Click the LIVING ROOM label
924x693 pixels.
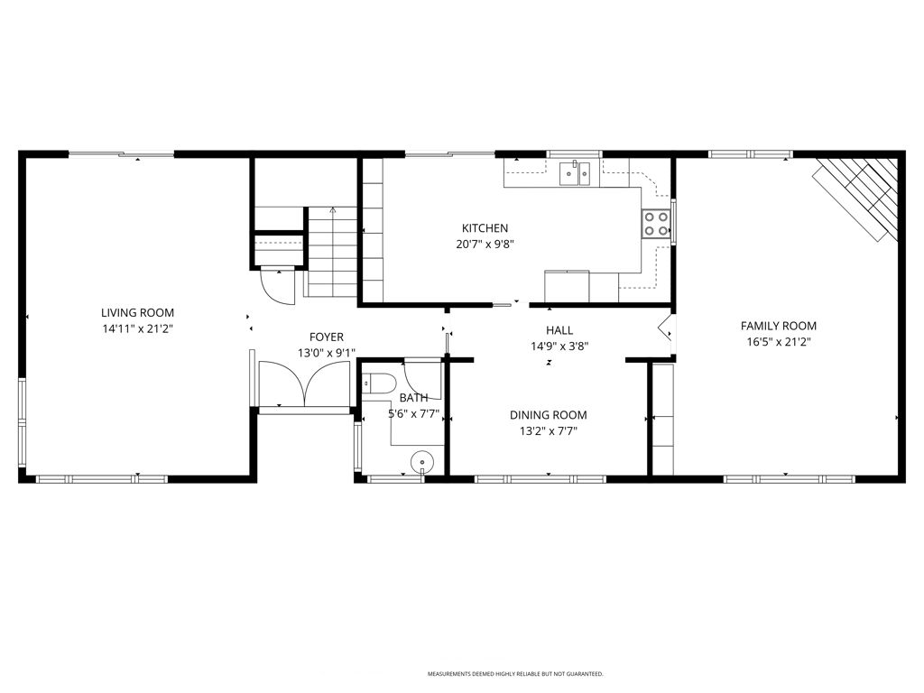pyautogui.click(x=137, y=313)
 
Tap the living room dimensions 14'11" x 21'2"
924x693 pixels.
pyautogui.click(x=137, y=329)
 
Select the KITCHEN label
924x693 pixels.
pyautogui.click(x=485, y=228)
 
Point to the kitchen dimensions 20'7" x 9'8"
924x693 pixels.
pyautogui.click(x=485, y=244)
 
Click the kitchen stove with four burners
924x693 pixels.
pyautogui.click(x=656, y=224)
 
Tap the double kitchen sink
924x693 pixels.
pyautogui.click(x=574, y=171)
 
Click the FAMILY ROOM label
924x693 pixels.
pyautogui.click(x=778, y=326)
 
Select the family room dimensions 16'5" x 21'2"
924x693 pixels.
pyautogui.click(x=778, y=342)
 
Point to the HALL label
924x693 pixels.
pyautogui.click(x=559, y=330)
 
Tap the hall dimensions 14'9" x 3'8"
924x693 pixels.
pyautogui.click(x=559, y=346)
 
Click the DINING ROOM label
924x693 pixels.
pyautogui.click(x=548, y=415)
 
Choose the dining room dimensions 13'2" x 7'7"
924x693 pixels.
pyautogui.click(x=548, y=431)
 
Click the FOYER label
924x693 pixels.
pyautogui.click(x=327, y=337)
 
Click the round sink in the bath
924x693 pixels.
pyautogui.click(x=422, y=462)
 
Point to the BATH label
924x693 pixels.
pyautogui.click(x=413, y=398)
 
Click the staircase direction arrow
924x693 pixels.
pyautogui.click(x=333, y=210)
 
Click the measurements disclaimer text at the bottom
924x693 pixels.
pyautogui.click(x=514, y=674)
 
